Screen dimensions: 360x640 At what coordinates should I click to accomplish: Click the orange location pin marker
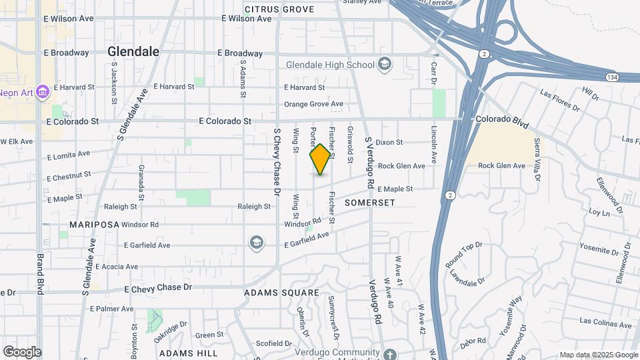click(321, 159)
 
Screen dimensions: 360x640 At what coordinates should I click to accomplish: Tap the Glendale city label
click(133, 51)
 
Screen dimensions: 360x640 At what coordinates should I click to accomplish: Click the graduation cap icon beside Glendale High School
click(385, 65)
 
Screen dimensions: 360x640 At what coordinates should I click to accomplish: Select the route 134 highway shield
click(611, 77)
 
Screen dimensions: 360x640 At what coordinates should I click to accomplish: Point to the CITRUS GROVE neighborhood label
click(279, 9)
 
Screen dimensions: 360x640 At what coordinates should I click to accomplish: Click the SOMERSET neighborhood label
click(370, 202)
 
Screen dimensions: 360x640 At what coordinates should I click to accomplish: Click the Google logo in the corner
click(22, 352)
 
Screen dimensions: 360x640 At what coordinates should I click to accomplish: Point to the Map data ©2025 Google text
click(597, 355)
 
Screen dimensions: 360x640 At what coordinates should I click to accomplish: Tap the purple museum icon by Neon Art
click(43, 91)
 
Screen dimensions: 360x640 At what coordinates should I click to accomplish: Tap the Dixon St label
click(389, 142)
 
